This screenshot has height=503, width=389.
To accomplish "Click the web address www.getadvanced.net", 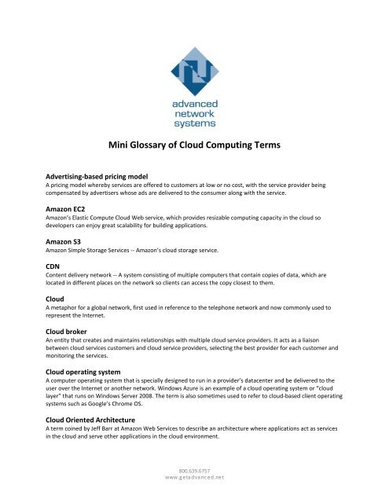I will click(195, 497).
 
